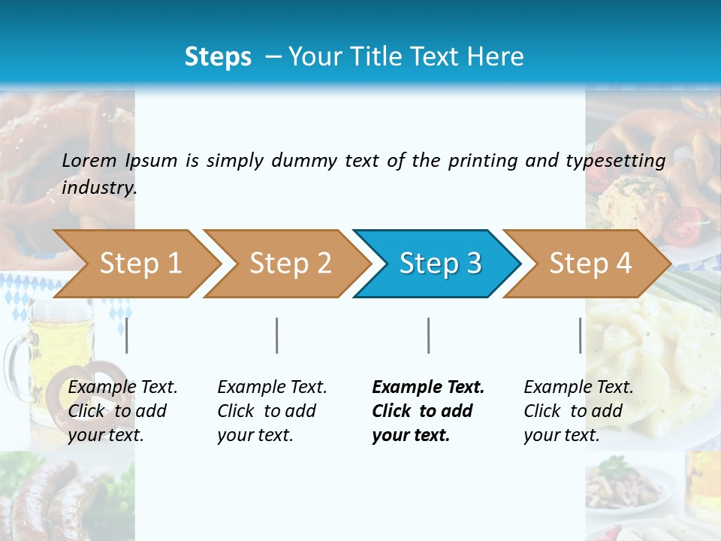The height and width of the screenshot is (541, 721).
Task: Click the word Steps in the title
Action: coord(218,57)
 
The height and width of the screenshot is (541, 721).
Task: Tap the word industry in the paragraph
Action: coord(98,187)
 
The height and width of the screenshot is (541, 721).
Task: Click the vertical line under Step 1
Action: coord(127,335)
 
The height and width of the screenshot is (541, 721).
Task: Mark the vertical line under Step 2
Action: coord(277,335)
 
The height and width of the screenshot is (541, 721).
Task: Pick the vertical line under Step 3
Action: coord(429,335)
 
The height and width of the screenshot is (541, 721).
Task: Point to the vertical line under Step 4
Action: coord(581,335)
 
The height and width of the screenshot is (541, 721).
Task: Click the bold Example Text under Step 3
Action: coord(428,387)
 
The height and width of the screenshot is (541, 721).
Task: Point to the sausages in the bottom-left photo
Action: coord(45,496)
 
